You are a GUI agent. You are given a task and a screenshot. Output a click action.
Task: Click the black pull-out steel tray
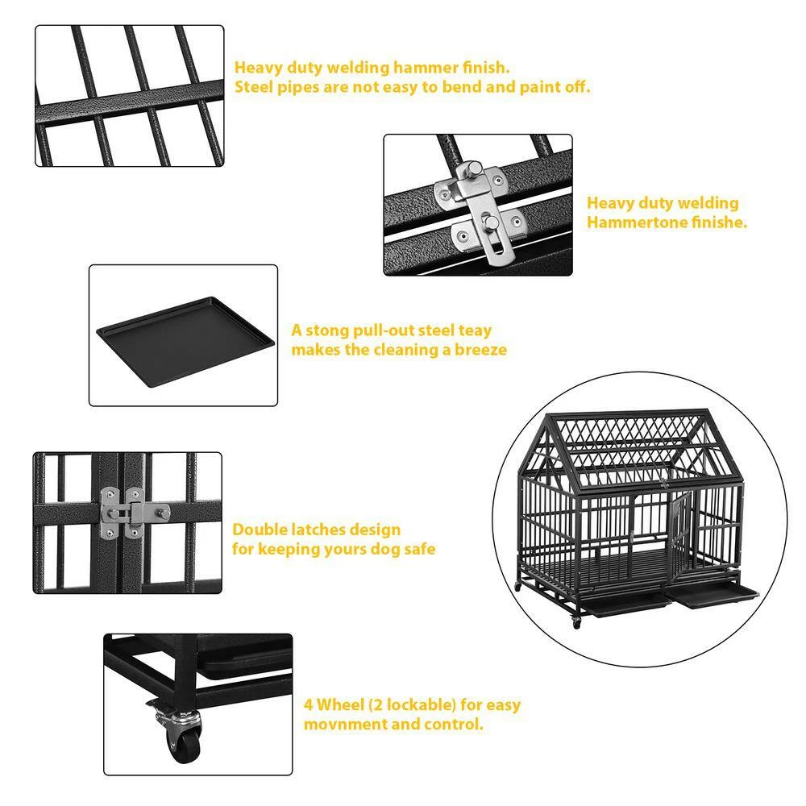click(x=184, y=332)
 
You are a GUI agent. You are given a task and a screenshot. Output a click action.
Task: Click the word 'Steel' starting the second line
click(x=256, y=87)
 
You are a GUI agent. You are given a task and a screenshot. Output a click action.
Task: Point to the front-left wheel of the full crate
click(x=576, y=622)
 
